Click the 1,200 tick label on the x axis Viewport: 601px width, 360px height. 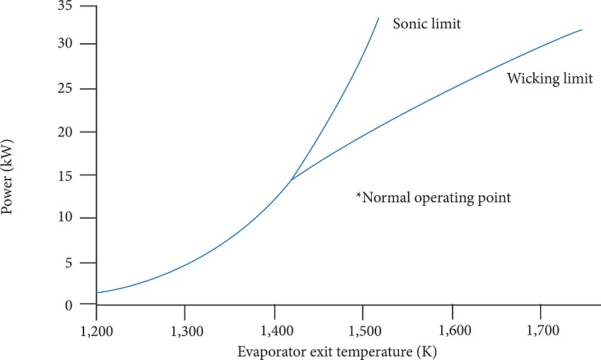[96, 329]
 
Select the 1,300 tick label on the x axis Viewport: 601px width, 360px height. [185, 329]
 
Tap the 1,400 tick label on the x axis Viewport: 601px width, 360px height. [274, 329]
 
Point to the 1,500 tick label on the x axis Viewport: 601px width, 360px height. [363, 329]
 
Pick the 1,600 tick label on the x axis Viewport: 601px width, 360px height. [452, 329]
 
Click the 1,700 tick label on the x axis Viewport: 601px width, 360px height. [540, 329]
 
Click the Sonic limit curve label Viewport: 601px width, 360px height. [426, 24]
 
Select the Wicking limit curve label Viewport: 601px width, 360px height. [549, 79]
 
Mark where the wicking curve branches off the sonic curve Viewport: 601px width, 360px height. [291, 180]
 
